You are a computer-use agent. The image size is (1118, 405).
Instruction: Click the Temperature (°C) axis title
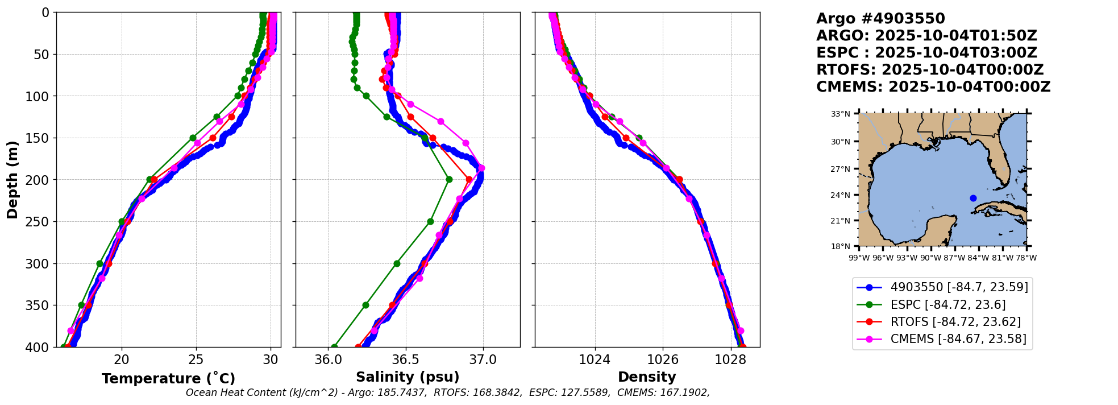point(168,379)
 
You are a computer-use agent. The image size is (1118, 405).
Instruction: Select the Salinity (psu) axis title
point(408,377)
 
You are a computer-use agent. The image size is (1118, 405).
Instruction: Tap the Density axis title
point(647,377)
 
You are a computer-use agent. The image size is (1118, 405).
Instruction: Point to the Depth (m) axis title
point(13,180)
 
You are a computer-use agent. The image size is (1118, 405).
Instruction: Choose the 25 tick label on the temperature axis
point(196,360)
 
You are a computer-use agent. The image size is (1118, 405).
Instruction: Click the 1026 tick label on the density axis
point(663,360)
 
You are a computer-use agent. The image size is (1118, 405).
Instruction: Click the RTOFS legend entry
point(955,322)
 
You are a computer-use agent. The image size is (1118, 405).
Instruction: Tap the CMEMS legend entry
point(958,339)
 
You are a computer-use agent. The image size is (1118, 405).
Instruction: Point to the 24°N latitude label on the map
point(841,195)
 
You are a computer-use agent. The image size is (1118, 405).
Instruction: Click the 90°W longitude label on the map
point(930,258)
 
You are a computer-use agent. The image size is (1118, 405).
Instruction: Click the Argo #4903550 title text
point(880,19)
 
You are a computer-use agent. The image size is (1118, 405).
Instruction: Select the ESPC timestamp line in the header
point(926,53)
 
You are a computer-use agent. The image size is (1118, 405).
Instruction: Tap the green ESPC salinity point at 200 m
point(449,180)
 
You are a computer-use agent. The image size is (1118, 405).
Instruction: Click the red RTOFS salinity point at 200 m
point(469,180)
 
